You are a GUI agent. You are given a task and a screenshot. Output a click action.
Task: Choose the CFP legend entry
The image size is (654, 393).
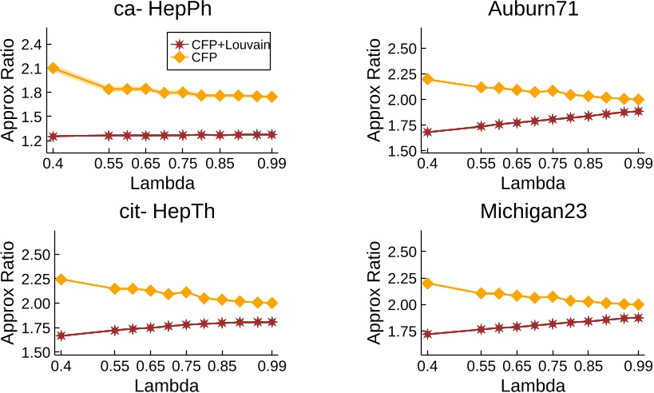coord(204,58)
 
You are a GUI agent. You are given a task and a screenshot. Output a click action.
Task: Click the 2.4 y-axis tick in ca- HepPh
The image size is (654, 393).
coord(30,44)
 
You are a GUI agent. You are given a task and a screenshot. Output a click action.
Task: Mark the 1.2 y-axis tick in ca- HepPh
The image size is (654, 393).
coord(30,141)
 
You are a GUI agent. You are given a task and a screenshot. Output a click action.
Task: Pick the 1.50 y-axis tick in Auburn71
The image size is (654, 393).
coord(402,150)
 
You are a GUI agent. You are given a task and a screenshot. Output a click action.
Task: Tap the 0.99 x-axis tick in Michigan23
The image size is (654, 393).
coord(639,367)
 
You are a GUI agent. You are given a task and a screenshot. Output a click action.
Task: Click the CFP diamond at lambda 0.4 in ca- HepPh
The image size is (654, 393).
coord(54,68)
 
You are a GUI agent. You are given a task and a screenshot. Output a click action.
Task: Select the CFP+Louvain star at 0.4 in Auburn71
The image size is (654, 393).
coord(428,132)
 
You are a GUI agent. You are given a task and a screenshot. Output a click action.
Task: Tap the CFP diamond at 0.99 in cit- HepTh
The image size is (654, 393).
coord(273,303)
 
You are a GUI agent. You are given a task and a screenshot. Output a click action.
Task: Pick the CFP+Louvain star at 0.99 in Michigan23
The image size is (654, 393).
coord(638,317)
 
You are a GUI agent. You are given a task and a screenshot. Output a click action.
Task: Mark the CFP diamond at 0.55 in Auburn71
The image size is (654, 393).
coord(481,87)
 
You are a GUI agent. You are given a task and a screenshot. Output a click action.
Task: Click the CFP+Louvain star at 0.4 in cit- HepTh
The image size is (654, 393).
coord(61,335)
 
